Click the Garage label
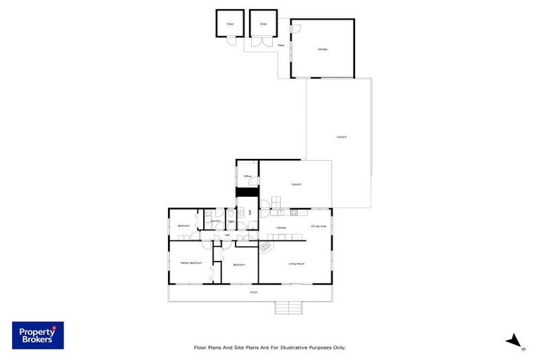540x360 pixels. (323, 49)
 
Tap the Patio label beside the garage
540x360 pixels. (281, 45)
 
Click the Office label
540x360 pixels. (247, 176)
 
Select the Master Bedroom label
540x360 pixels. (191, 263)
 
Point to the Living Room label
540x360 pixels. (296, 264)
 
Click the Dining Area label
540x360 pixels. (319, 226)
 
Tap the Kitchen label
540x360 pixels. (281, 228)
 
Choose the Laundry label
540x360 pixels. (215, 221)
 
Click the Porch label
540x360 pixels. (254, 292)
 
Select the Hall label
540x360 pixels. (227, 235)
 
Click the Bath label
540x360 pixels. (231, 221)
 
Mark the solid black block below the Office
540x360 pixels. (247, 192)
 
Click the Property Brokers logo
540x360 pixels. (38, 335)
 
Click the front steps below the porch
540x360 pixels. (288, 307)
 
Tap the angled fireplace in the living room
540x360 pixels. (266, 247)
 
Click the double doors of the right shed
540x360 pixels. (263, 41)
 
